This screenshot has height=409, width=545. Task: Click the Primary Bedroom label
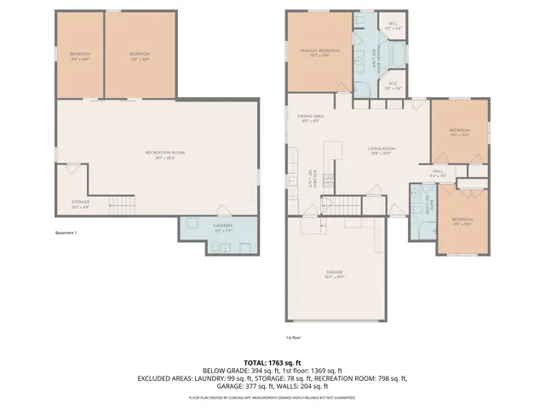point(319,53)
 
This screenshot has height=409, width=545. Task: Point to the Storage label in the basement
point(80,204)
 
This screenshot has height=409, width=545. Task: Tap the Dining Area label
point(308,118)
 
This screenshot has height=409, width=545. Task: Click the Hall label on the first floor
point(439,173)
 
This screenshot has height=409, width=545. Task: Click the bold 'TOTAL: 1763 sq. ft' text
point(272,362)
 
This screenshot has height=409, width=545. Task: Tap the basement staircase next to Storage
point(124,204)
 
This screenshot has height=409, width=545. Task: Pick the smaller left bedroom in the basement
point(80,55)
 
